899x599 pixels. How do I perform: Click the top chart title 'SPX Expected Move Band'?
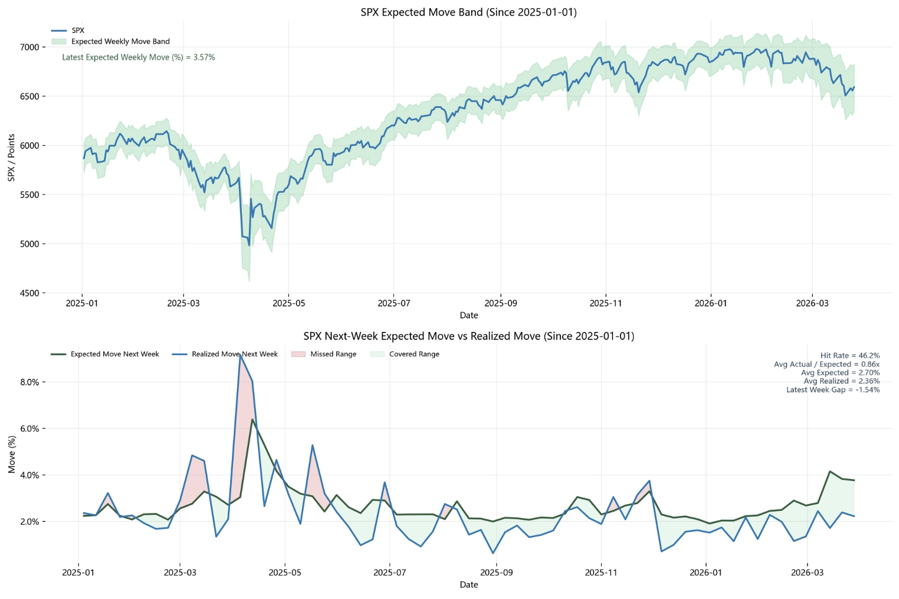click(468, 12)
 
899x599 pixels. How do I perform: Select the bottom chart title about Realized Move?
click(468, 337)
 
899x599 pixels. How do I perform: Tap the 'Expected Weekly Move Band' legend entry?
click(120, 42)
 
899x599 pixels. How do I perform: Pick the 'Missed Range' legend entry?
click(333, 354)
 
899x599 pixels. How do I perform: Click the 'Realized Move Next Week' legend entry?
click(234, 354)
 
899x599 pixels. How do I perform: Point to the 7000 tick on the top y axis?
click(29, 47)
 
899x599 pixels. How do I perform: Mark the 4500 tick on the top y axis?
click(29, 293)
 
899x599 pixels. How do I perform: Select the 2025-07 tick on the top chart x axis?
click(393, 304)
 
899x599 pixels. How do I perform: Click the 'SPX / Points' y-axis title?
click(11, 157)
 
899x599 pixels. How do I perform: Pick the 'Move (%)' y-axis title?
click(11, 455)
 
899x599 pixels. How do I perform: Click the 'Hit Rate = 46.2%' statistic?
click(849, 356)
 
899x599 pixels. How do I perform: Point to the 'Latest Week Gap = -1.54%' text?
click(832, 390)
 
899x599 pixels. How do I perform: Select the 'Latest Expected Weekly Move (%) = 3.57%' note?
click(139, 58)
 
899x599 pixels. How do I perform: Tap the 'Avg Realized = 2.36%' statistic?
click(841, 381)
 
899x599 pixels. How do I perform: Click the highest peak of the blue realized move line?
click(240, 356)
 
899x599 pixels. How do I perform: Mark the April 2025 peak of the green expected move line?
click(252, 420)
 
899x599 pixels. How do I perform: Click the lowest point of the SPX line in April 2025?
click(249, 245)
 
